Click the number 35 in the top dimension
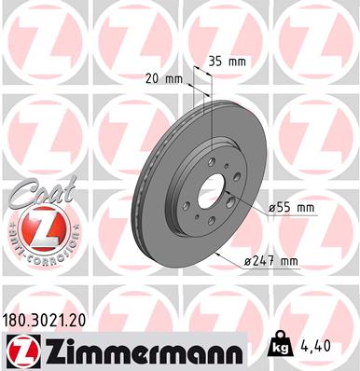click(x=215, y=61)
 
